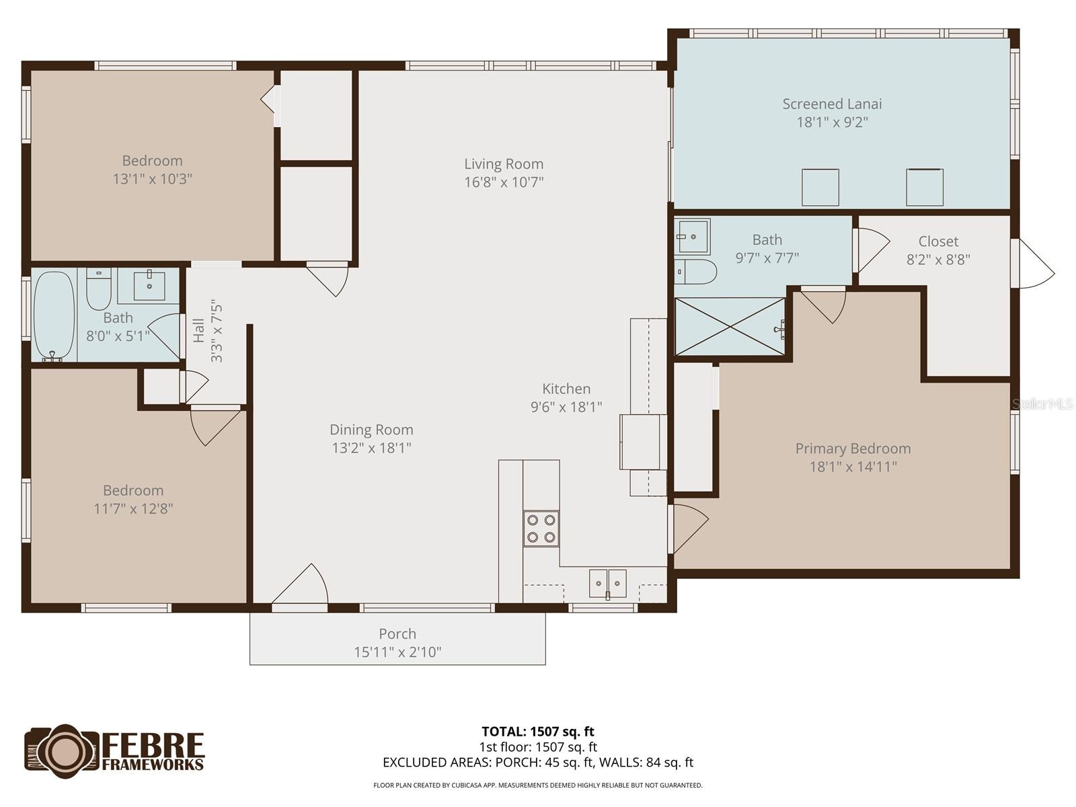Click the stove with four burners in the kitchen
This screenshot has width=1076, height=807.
tap(541, 528)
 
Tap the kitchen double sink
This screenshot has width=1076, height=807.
tap(608, 583)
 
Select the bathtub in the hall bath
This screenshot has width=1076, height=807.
tap(54, 315)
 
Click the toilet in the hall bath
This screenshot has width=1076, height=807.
tap(99, 289)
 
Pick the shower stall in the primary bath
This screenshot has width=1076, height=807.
tap(730, 327)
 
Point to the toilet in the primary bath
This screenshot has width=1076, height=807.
tap(695, 272)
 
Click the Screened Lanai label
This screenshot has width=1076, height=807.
tap(832, 104)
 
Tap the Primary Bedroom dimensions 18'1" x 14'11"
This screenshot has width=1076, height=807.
tap(853, 467)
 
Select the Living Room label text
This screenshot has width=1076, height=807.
tap(504, 164)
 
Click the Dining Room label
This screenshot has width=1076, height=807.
tap(371, 430)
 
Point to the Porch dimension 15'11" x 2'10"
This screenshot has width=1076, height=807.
tap(397, 652)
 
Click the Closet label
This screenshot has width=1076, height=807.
tap(938, 241)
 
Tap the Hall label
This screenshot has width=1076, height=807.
tap(199, 331)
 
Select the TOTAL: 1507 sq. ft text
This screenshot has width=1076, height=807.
tap(538, 732)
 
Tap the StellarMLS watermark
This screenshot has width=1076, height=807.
tap(1043, 404)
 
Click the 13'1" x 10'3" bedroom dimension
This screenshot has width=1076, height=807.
tap(153, 179)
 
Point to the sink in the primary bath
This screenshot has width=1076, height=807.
tap(692, 236)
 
